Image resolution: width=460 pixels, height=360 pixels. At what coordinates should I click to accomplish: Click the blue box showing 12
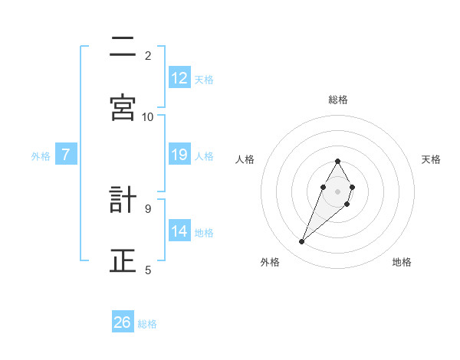[179, 78]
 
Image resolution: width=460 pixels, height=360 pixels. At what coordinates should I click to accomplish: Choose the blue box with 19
[179, 155]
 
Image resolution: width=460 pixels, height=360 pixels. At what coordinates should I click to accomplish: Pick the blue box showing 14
[179, 231]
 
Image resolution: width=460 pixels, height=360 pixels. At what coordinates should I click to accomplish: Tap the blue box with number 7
[66, 155]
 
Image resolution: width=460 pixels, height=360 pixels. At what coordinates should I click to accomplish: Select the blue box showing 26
[123, 322]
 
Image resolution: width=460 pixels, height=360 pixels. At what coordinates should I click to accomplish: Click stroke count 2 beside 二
[148, 55]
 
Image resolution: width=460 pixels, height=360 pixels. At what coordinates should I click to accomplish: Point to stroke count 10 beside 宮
[148, 116]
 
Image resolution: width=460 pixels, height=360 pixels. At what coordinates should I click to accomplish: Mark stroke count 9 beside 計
[148, 208]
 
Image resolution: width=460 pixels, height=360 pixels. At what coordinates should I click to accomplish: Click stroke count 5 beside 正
[148, 269]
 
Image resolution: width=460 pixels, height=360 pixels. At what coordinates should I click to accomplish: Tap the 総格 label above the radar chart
[337, 100]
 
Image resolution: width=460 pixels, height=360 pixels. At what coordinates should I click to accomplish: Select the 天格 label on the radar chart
[432, 159]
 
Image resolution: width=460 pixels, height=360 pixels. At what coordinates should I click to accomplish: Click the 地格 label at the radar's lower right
[402, 262]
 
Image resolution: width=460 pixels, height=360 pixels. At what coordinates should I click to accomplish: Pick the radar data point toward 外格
[302, 242]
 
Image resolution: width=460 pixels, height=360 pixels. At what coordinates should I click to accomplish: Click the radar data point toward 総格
[337, 161]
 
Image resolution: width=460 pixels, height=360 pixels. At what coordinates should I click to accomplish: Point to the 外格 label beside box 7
[41, 156]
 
